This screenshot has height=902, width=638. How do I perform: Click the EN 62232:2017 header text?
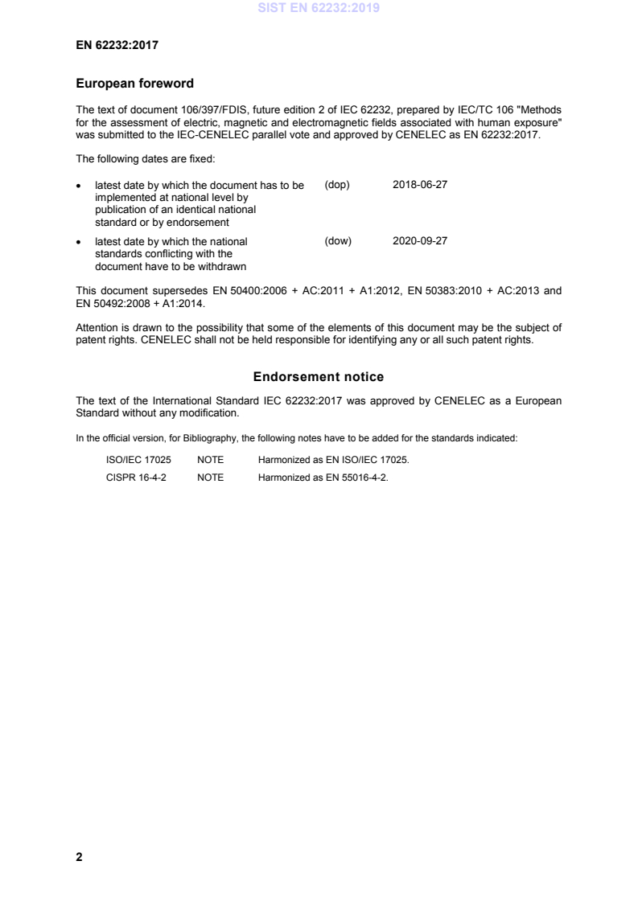pyautogui.click(x=117, y=46)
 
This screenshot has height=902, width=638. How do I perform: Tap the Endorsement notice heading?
pyautogui.click(x=319, y=376)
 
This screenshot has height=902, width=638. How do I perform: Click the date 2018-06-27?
pyautogui.click(x=419, y=184)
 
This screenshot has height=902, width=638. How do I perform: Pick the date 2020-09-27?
pyautogui.click(x=419, y=240)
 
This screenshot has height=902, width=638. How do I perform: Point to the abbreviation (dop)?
pyautogui.click(x=337, y=184)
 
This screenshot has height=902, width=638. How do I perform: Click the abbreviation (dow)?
pyautogui.click(x=338, y=240)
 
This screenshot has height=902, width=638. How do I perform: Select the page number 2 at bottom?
pyautogui.click(x=79, y=857)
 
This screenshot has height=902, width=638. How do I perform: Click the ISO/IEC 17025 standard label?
pyautogui.click(x=133, y=459)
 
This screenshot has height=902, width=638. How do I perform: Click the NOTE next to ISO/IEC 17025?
pyautogui.click(x=210, y=459)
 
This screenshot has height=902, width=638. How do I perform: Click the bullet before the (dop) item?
pyautogui.click(x=78, y=185)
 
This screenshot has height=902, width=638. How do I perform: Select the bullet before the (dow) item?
pyautogui.click(x=78, y=241)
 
